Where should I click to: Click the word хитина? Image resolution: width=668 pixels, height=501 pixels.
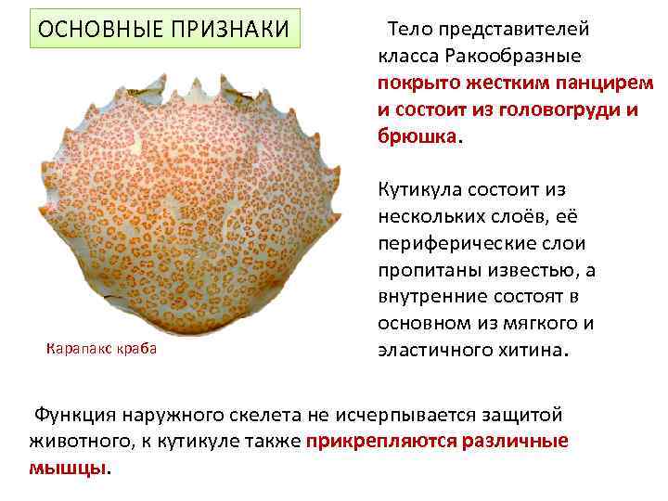coord(537,352)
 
